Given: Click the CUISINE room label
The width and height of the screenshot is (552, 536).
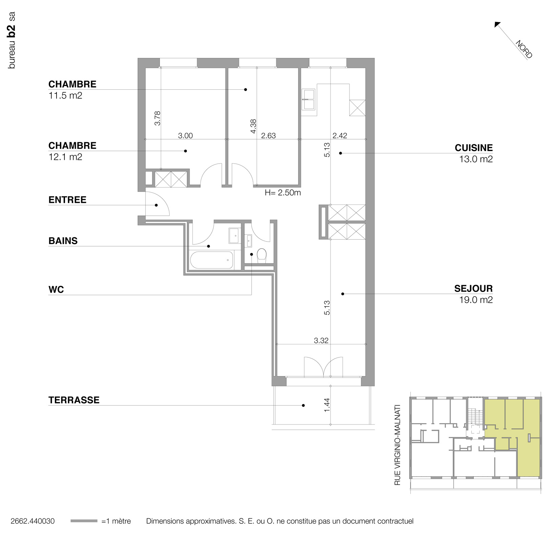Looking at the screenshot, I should [x=473, y=148].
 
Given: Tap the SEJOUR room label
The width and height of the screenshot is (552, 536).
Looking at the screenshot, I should [x=473, y=288].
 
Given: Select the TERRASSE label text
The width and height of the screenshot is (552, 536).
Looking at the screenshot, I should [x=74, y=400].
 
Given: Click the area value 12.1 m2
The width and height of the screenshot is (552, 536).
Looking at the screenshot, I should [x=65, y=157].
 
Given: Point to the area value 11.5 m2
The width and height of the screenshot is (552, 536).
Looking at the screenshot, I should [x=65, y=95].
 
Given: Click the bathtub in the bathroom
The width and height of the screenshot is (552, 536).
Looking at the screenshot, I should [x=212, y=260].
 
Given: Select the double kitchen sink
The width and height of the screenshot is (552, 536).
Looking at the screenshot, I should [x=309, y=100].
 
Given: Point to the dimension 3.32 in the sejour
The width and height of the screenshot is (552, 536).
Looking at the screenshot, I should [x=321, y=340].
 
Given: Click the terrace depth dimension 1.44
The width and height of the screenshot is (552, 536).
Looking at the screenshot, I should [x=327, y=405].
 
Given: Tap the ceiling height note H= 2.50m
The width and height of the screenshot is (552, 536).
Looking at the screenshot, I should [x=283, y=193].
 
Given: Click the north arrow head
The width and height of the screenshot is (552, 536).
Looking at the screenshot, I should [x=497, y=24].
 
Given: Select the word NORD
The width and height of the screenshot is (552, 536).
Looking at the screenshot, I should [x=524, y=49].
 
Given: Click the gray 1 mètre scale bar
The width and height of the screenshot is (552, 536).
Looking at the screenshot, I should [x=84, y=521].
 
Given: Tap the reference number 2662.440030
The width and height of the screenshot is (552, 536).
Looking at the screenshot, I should [x=33, y=521].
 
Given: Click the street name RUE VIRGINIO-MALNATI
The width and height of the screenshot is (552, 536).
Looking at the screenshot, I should [x=398, y=445].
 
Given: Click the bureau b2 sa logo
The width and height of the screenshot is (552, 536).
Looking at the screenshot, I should [x=12, y=40].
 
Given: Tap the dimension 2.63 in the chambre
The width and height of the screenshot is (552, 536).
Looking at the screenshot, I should [x=268, y=136].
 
